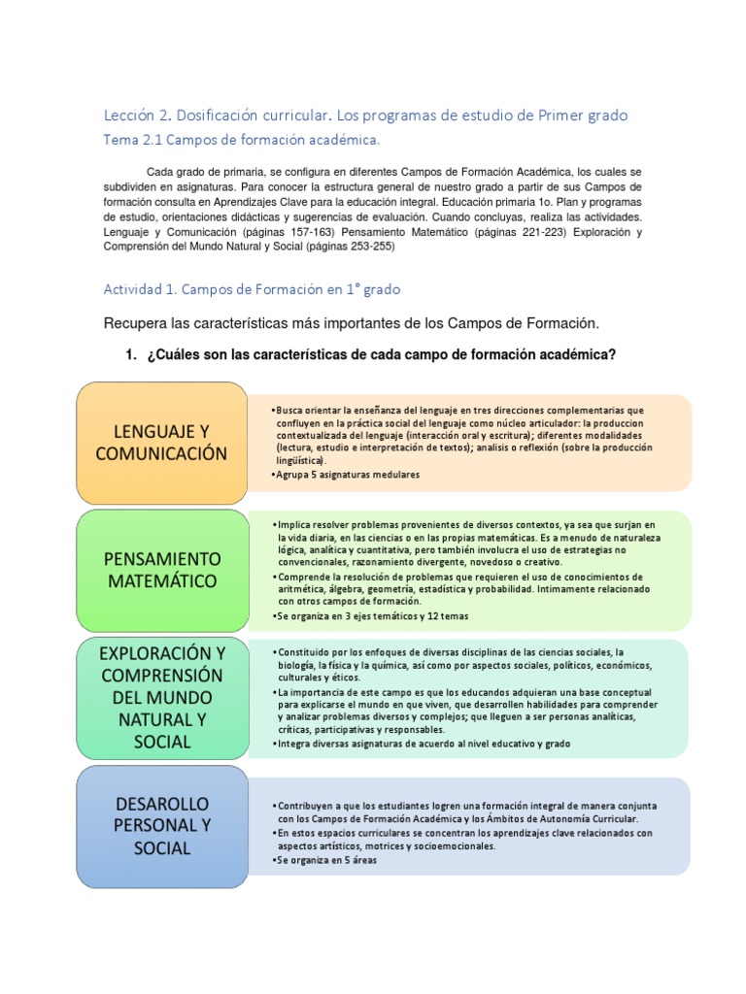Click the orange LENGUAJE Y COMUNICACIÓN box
tap(161, 442)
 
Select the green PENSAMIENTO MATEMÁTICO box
tap(163, 570)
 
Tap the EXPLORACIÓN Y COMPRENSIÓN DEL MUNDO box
tap(161, 695)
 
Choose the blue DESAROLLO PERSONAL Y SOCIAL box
tap(163, 826)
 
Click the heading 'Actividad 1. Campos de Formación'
tap(251, 289)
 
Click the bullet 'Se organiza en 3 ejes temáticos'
tap(365, 616)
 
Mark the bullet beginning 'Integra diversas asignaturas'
tap(424, 743)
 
